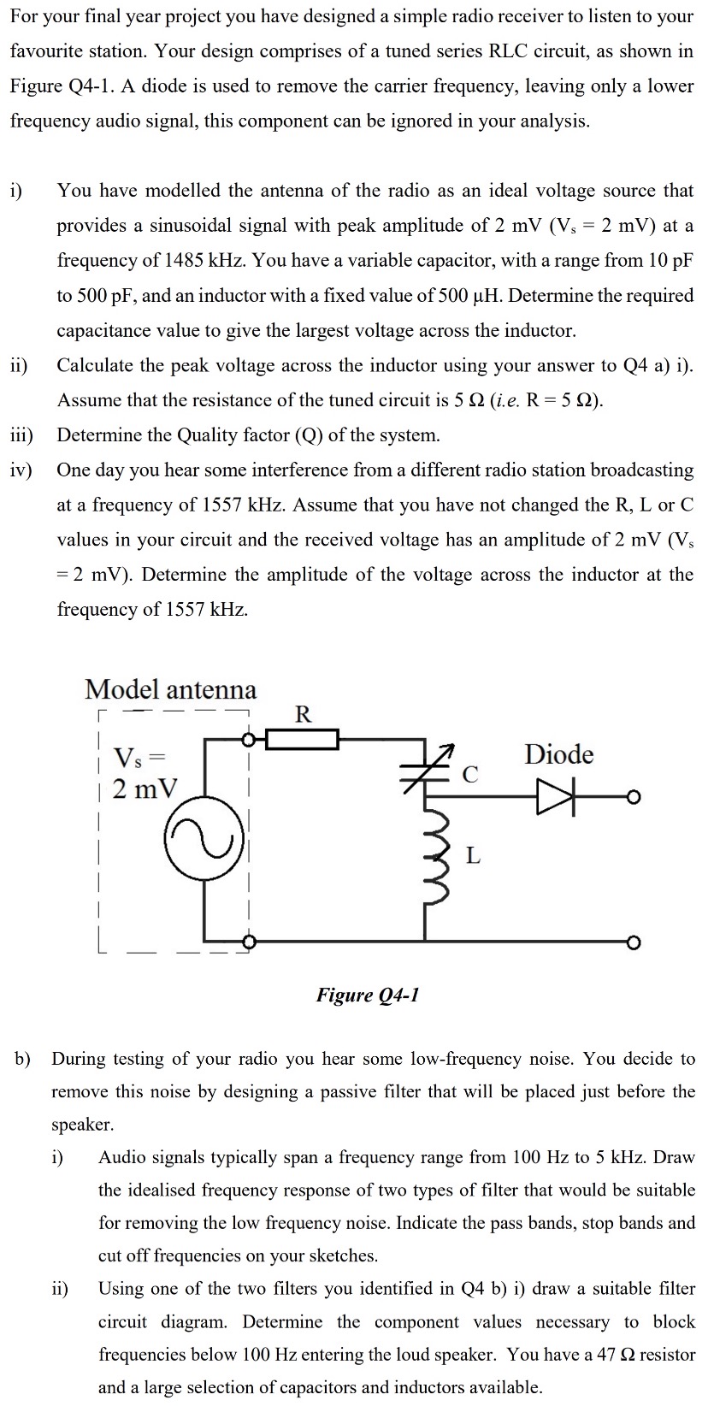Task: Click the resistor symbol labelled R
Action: point(303,738)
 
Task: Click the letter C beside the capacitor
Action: point(469,775)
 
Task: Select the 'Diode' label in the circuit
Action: point(558,754)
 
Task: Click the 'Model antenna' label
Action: point(170,689)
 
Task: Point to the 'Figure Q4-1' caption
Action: point(368,995)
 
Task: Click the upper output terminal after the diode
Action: point(633,798)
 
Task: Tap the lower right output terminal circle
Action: point(633,942)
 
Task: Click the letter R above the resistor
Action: point(303,713)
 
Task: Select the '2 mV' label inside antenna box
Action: point(145,789)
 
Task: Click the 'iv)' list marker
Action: point(21,470)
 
